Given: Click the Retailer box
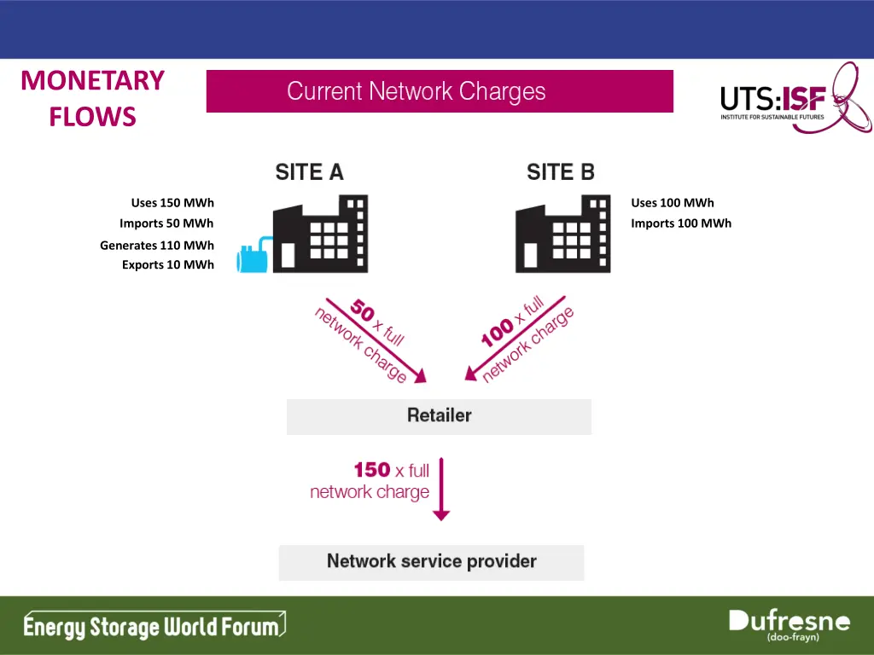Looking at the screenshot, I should click(439, 416).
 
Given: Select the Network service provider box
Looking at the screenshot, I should click(431, 562).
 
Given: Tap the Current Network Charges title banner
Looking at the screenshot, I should click(440, 91).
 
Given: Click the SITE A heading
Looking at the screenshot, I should click(309, 172).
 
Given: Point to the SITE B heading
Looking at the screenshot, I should click(561, 172).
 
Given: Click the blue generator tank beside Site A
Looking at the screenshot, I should click(254, 255).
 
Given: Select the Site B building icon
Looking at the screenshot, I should click(563, 234).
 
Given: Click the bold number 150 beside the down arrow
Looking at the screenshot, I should click(372, 470).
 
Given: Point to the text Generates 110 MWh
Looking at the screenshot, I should click(157, 246).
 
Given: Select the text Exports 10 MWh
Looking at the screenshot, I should click(168, 265).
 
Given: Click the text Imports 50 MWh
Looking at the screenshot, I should click(166, 223).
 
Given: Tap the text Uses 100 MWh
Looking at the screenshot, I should click(673, 203).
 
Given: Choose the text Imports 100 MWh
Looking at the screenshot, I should click(681, 223).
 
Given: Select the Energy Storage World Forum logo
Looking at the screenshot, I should click(154, 627).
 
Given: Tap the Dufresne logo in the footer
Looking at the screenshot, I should click(790, 625).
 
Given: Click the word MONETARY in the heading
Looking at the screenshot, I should click(92, 80).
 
